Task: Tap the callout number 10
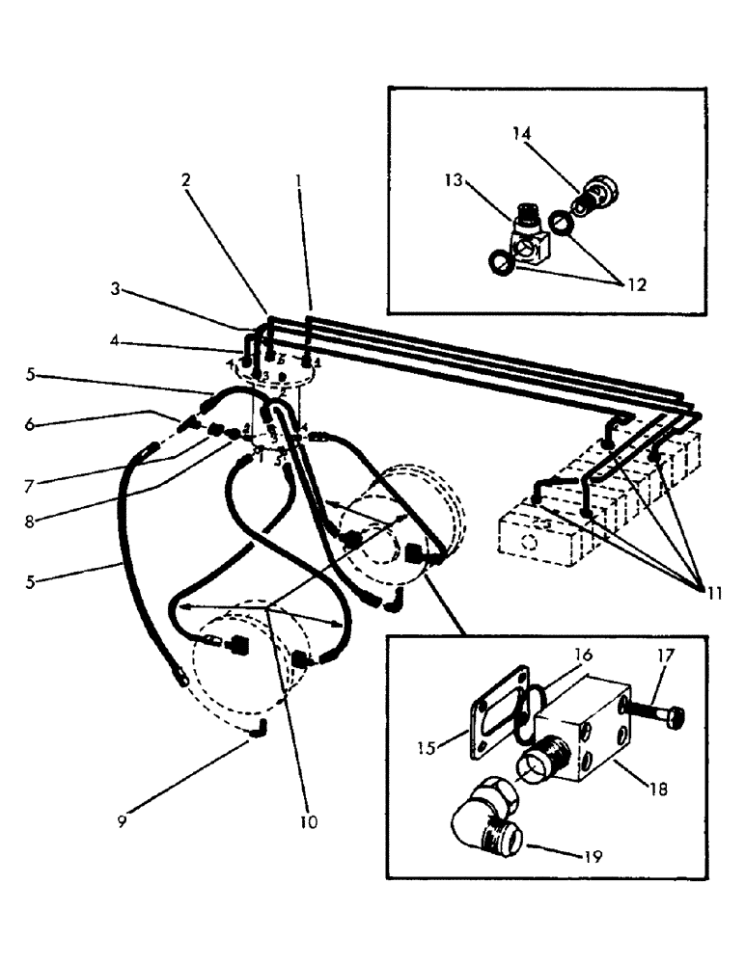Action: (307, 822)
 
